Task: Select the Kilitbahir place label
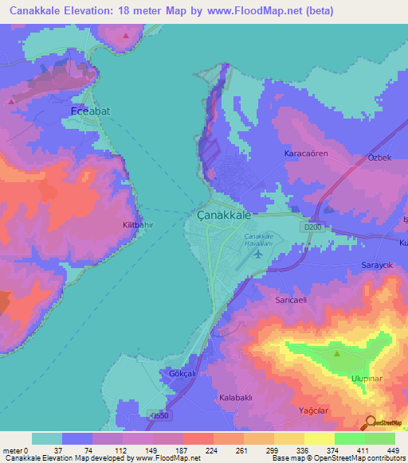pos(137,225)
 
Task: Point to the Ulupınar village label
pos(369,379)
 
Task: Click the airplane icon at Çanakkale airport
pos(257,255)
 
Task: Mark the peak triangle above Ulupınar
pos(337,353)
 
